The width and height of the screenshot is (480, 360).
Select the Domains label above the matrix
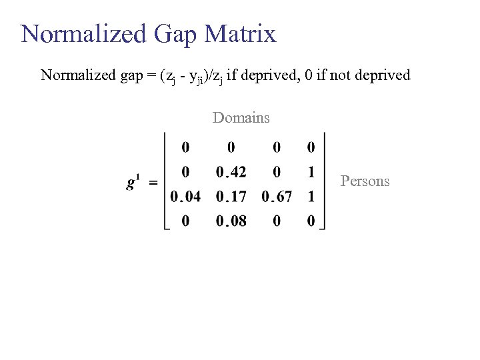[x=241, y=118]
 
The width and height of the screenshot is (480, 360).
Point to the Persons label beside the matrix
[x=365, y=181]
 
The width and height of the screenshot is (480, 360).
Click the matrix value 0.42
[x=231, y=172]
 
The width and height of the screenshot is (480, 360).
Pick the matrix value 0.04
[x=185, y=197]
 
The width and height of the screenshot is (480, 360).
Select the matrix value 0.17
[x=231, y=197]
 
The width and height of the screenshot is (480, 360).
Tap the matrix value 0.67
[x=277, y=197]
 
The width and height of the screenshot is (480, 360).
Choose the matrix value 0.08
[x=231, y=221]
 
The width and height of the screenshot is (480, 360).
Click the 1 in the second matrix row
[x=311, y=172]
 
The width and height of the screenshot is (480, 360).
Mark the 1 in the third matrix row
[x=311, y=197]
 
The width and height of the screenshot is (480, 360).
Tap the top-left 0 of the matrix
[x=185, y=147]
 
